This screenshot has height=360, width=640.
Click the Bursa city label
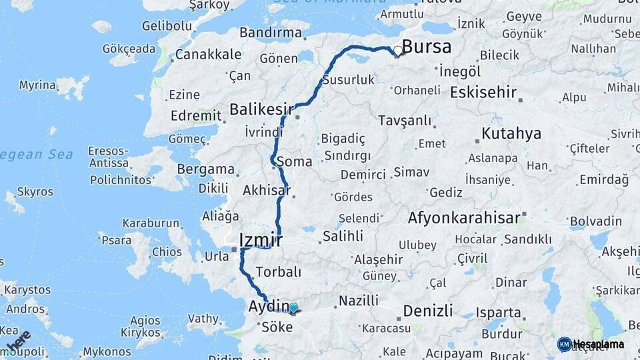427,47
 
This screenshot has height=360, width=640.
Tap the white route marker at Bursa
398,51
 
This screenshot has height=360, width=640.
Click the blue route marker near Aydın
293,308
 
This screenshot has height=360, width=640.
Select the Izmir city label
261,240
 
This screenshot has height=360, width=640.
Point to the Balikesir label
261,109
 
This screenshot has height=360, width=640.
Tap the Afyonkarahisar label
463,218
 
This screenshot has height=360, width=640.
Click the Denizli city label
427,311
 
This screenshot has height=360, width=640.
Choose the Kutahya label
511,134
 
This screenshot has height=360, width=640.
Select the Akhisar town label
267,191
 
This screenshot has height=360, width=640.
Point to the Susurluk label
348,79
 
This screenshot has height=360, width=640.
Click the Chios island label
167,252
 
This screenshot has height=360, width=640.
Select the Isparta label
499,312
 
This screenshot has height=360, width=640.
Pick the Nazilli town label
359,301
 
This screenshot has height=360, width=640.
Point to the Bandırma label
270,32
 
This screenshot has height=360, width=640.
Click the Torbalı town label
279,272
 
